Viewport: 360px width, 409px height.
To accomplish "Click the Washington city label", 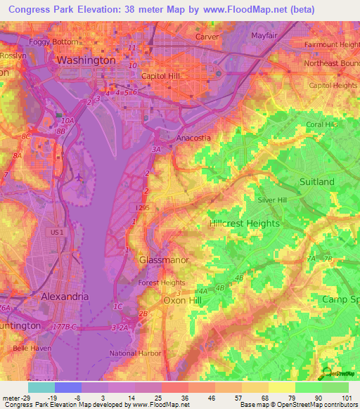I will point(86,60).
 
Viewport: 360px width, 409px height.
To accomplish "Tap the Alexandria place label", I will point(65,297).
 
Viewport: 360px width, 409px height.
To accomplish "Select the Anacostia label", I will point(193,138).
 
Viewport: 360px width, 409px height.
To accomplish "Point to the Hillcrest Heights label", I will point(245,223).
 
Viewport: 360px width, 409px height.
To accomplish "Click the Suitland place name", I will point(317,181).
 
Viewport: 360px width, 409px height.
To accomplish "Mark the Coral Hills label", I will point(322,124).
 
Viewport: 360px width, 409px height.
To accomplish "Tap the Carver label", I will point(207,36).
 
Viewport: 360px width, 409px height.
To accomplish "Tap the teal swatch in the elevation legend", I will point(41,387).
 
